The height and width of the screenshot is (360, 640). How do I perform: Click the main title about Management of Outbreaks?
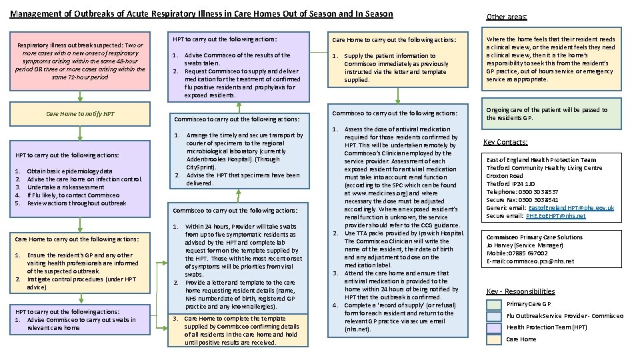(201, 13)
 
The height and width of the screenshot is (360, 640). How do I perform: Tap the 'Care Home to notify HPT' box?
(79, 113)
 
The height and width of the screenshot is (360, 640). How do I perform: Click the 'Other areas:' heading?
(506, 17)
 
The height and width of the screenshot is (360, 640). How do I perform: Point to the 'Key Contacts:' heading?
(505, 142)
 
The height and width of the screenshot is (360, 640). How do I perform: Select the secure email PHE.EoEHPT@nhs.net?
(555, 216)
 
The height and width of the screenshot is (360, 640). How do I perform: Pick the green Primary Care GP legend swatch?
(493, 304)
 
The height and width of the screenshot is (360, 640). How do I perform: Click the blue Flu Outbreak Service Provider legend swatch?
(493, 316)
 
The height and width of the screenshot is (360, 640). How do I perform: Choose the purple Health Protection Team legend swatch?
(493, 327)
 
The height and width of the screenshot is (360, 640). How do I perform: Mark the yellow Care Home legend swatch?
(493, 339)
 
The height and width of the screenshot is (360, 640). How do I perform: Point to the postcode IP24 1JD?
(525, 184)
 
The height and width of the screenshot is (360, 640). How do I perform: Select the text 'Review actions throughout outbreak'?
(76, 203)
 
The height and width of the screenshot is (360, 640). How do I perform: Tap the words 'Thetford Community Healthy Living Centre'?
(544, 168)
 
